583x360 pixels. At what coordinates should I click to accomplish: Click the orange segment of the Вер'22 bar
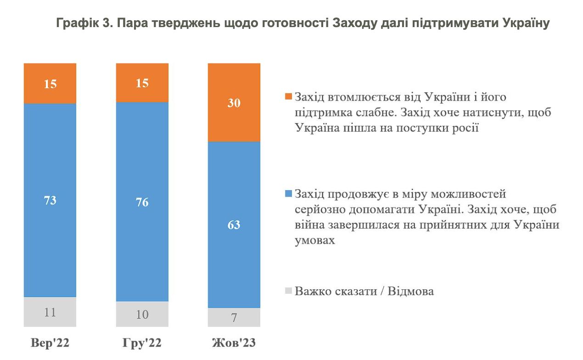click(50, 84)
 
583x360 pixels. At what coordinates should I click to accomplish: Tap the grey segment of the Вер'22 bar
click(50, 312)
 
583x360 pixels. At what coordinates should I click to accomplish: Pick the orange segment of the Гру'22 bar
click(142, 83)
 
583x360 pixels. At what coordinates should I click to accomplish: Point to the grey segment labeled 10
click(142, 315)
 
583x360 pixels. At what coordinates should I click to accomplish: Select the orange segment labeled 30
click(234, 102)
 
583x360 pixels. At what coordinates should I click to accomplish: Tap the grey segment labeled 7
click(234, 317)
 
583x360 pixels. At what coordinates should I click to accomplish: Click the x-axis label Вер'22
click(50, 343)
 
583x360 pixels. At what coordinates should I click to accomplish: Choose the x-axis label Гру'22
click(142, 343)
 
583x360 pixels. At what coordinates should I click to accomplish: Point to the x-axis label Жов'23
click(234, 343)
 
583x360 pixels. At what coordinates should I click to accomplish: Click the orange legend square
click(288, 97)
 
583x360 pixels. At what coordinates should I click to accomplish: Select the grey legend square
click(288, 291)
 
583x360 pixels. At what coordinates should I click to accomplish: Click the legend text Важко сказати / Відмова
click(364, 291)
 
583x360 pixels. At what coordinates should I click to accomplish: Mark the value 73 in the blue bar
click(50, 200)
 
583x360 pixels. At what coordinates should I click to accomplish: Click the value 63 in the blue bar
click(234, 225)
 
